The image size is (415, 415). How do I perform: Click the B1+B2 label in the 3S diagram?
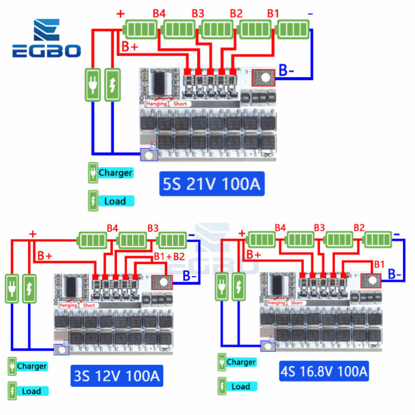(169, 256)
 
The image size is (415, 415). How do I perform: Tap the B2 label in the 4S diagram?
(359, 227)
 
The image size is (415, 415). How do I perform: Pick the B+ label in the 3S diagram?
(45, 255)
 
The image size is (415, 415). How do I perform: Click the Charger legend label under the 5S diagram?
(115, 172)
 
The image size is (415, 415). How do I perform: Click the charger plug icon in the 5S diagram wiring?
(93, 85)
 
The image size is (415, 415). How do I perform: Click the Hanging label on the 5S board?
(156, 104)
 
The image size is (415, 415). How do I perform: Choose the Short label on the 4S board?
(297, 302)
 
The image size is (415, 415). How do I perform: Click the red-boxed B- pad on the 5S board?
(265, 77)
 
